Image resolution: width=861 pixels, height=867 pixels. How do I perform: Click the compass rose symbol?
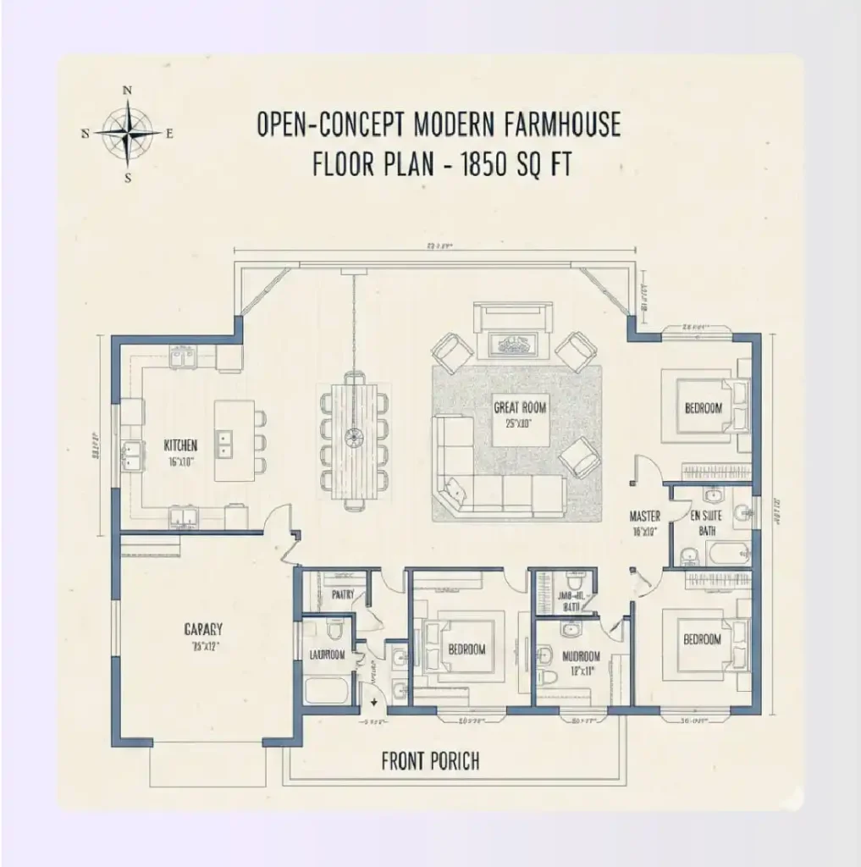(128, 133)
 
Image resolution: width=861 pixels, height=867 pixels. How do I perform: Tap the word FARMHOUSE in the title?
(560, 124)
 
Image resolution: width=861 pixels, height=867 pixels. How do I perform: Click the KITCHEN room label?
(181, 445)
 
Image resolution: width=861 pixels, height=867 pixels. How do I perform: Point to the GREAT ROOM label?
(520, 408)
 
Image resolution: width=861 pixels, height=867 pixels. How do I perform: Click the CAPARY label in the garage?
(203, 629)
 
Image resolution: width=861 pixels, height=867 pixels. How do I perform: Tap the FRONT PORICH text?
(430, 761)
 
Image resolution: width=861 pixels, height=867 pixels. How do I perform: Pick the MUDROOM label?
(582, 655)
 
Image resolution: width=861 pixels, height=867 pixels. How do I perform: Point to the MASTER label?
(644, 516)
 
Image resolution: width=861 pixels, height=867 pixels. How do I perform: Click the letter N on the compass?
(128, 89)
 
